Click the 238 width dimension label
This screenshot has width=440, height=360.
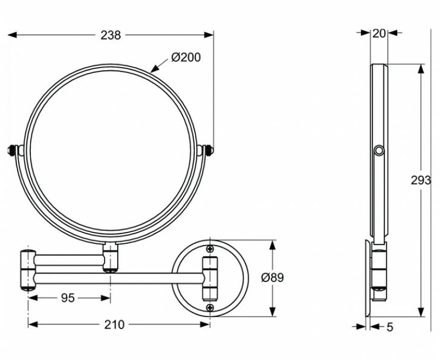[x=111, y=35]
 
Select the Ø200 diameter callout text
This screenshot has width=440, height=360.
[x=185, y=57]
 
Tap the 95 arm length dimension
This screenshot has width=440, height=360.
[x=67, y=298]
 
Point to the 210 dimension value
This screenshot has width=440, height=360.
[x=114, y=324]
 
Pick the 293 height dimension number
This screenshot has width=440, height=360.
[x=421, y=180]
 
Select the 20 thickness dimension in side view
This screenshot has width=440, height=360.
[x=379, y=33]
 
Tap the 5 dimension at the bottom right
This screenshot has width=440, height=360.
[x=389, y=327]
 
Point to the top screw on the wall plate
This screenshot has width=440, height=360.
[x=210, y=249]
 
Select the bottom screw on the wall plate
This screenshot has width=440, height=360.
[x=210, y=307]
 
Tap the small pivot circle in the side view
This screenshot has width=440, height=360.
[x=378, y=151]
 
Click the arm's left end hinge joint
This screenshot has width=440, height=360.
[x=28, y=270]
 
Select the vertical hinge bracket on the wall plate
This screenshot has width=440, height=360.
[x=210, y=278]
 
